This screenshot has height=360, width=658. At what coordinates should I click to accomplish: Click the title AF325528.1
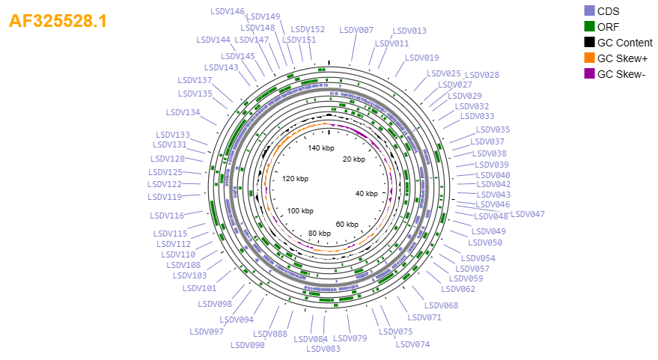pyautogui.click(x=58, y=20)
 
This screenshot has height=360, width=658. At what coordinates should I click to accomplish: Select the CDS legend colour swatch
pyautogui.click(x=589, y=11)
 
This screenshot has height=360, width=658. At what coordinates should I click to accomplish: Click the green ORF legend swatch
pyautogui.click(x=589, y=26)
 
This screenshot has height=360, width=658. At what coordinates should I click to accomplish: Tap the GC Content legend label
pyautogui.click(x=625, y=43)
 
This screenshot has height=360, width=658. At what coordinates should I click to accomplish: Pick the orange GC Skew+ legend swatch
pyautogui.click(x=589, y=58)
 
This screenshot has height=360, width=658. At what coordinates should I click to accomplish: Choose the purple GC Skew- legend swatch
pyautogui.click(x=589, y=74)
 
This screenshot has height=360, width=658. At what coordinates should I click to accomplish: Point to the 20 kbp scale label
pyautogui.click(x=354, y=159)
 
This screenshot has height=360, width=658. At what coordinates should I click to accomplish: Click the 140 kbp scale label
pyautogui.click(x=321, y=147)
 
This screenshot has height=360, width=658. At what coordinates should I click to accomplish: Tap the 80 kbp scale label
pyautogui.click(x=320, y=234)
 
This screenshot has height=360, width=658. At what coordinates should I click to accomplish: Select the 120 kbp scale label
pyautogui.click(x=295, y=178)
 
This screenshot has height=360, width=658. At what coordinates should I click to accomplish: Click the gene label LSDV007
pyautogui.click(x=356, y=30)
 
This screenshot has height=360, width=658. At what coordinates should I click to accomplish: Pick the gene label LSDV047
pyautogui.click(x=528, y=214)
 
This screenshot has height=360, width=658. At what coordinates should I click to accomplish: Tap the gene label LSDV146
pyautogui.click(x=228, y=11)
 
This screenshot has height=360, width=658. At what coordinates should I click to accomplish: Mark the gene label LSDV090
pyautogui.click(x=248, y=345)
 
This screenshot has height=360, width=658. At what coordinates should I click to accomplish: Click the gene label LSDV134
pyautogui.click(x=183, y=112)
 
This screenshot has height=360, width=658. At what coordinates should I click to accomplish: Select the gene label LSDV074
pyautogui.click(x=413, y=344)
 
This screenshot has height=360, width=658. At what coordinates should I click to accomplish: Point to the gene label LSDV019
pyautogui.click(x=421, y=58)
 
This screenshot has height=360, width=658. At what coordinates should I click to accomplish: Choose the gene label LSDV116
pyautogui.click(x=167, y=216)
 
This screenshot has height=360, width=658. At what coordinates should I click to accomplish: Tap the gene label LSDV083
pyautogui.click(x=323, y=349)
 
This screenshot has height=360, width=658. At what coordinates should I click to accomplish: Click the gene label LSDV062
pyautogui.click(x=458, y=289)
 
